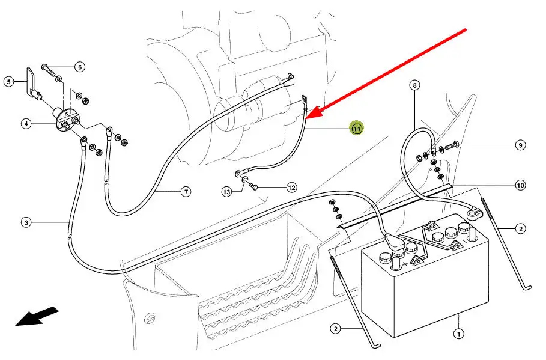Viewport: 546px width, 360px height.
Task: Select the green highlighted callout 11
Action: (x=357, y=128)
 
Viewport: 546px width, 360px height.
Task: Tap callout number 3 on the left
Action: (x=26, y=223)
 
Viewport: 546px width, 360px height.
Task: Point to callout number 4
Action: (x=26, y=124)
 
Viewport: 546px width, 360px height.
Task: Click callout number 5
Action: (x=8, y=81)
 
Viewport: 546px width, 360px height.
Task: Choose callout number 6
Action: (x=80, y=67)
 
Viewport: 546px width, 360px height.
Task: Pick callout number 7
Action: (x=186, y=192)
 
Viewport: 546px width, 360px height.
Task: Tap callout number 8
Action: (x=414, y=85)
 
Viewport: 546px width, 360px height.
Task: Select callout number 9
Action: (x=520, y=145)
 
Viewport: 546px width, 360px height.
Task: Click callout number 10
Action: (x=520, y=185)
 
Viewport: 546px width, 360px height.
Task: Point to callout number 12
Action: (x=291, y=188)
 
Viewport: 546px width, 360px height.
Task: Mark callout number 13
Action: (x=226, y=192)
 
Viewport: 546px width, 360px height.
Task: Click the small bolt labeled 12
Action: (x=253, y=187)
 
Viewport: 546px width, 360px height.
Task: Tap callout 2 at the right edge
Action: (x=520, y=228)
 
